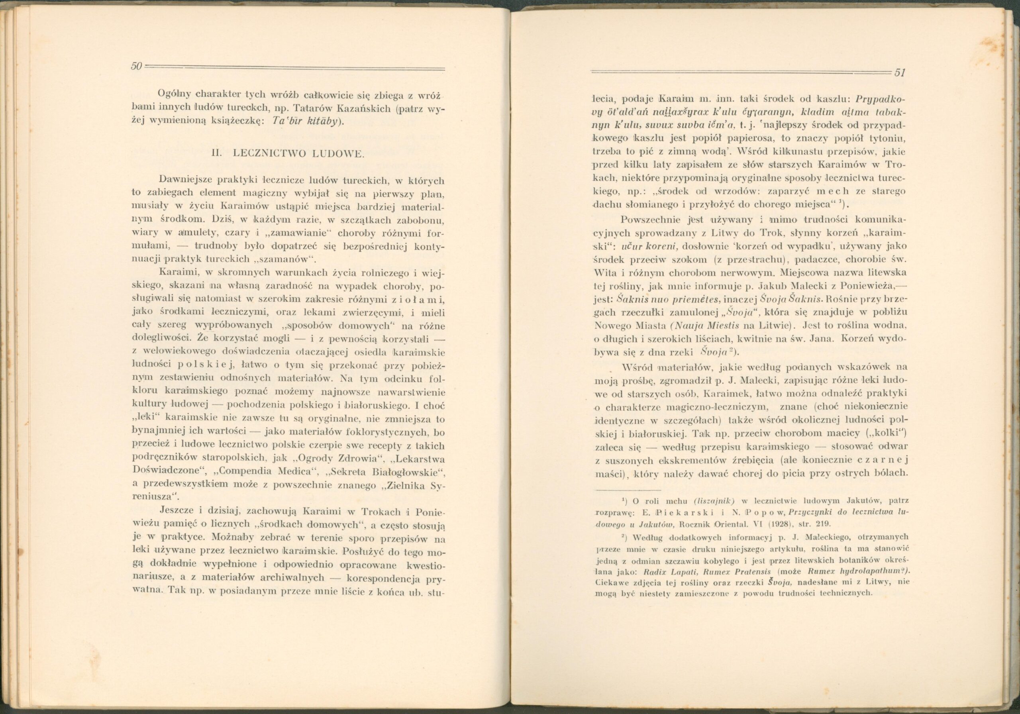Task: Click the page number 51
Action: tap(900, 73)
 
